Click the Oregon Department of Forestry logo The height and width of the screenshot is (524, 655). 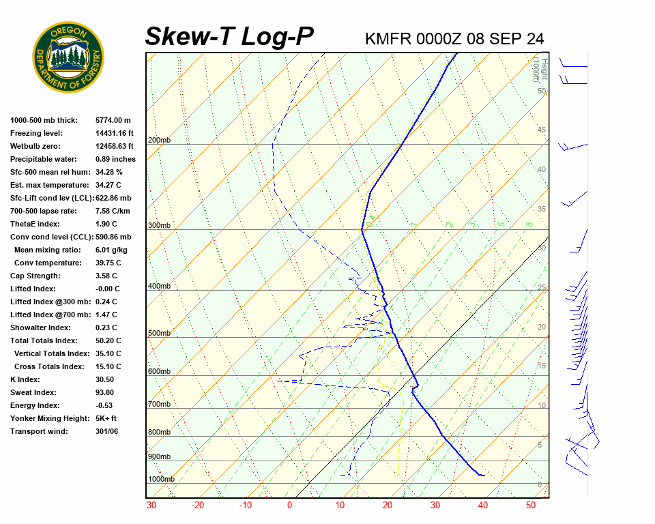pyautogui.click(x=68, y=57)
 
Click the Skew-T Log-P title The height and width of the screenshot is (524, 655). pyautogui.click(x=229, y=37)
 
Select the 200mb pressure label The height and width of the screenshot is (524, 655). pyautogui.click(x=159, y=141)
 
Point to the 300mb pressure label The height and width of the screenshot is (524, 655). pyautogui.click(x=159, y=226)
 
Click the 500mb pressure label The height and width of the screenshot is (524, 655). pyautogui.click(x=159, y=334)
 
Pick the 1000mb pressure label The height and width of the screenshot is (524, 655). pyautogui.click(x=161, y=480)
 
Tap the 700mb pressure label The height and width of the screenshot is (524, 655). pyautogui.click(x=159, y=405)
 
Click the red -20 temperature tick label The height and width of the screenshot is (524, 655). pyautogui.click(x=198, y=506)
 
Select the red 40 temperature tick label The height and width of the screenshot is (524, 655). pyautogui.click(x=482, y=506)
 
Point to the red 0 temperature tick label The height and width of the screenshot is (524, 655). pyautogui.click(x=289, y=506)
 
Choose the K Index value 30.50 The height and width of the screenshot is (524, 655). pyautogui.click(x=105, y=379)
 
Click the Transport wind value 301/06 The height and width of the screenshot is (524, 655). pyautogui.click(x=107, y=431)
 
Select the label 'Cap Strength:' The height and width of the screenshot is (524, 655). pyautogui.click(x=35, y=276)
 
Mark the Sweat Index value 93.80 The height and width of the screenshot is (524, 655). pyautogui.click(x=105, y=392)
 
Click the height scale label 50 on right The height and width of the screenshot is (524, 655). pyautogui.click(x=541, y=91)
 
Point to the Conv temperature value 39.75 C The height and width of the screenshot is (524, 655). pyautogui.click(x=108, y=263)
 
